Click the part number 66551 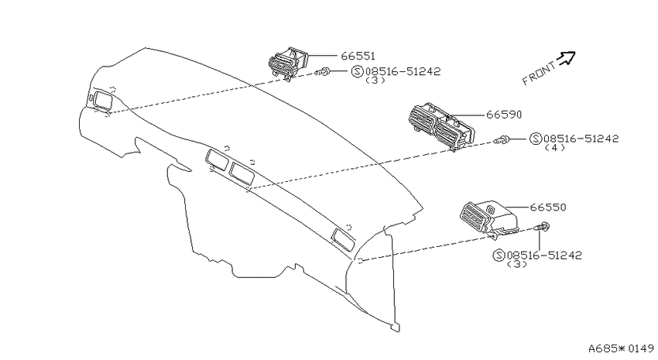click(x=358, y=56)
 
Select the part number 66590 click(x=504, y=115)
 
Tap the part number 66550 click(x=548, y=207)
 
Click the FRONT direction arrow click(x=567, y=57)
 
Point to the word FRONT click(x=540, y=74)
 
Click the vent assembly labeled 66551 click(x=288, y=64)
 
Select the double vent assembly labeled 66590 click(x=440, y=126)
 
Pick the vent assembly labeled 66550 click(x=489, y=219)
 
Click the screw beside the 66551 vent click(x=322, y=73)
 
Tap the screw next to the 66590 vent click(x=502, y=139)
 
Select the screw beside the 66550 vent click(x=542, y=227)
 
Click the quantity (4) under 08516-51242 click(x=554, y=148)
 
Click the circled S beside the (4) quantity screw click(x=536, y=139)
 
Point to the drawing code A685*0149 click(x=621, y=348)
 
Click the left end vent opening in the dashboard click(x=102, y=101)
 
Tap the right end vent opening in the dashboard click(x=343, y=240)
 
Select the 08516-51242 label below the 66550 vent click(x=545, y=255)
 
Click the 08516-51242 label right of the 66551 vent click(x=403, y=71)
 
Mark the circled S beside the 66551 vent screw click(x=357, y=71)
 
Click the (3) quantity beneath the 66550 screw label click(x=517, y=264)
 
